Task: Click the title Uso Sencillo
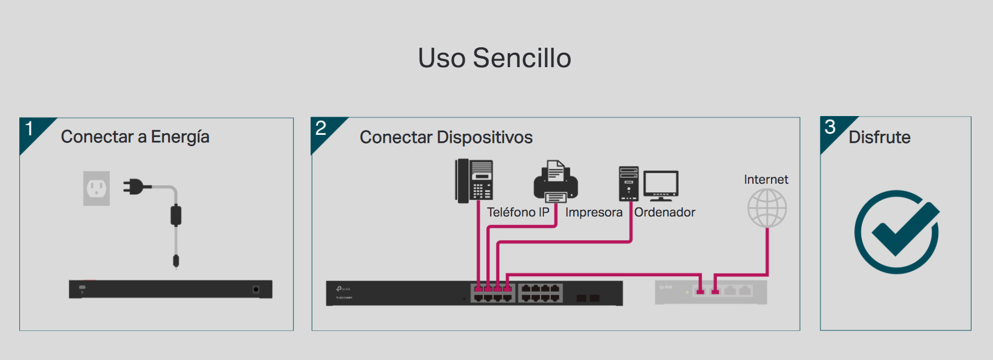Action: pos(494,58)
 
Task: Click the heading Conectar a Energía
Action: pos(135,137)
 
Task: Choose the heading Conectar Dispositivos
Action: pos(446,138)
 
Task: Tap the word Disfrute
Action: pos(879,138)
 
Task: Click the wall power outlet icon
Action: pos(97,189)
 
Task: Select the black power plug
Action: pos(134,187)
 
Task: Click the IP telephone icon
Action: pos(474,181)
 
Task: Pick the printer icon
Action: pos(556,181)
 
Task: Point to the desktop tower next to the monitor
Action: pos(629,184)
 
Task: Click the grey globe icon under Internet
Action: pos(767,208)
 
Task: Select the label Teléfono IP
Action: pos(518,213)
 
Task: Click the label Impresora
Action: pos(594,213)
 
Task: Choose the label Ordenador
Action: pos(665,213)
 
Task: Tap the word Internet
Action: pos(766,179)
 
